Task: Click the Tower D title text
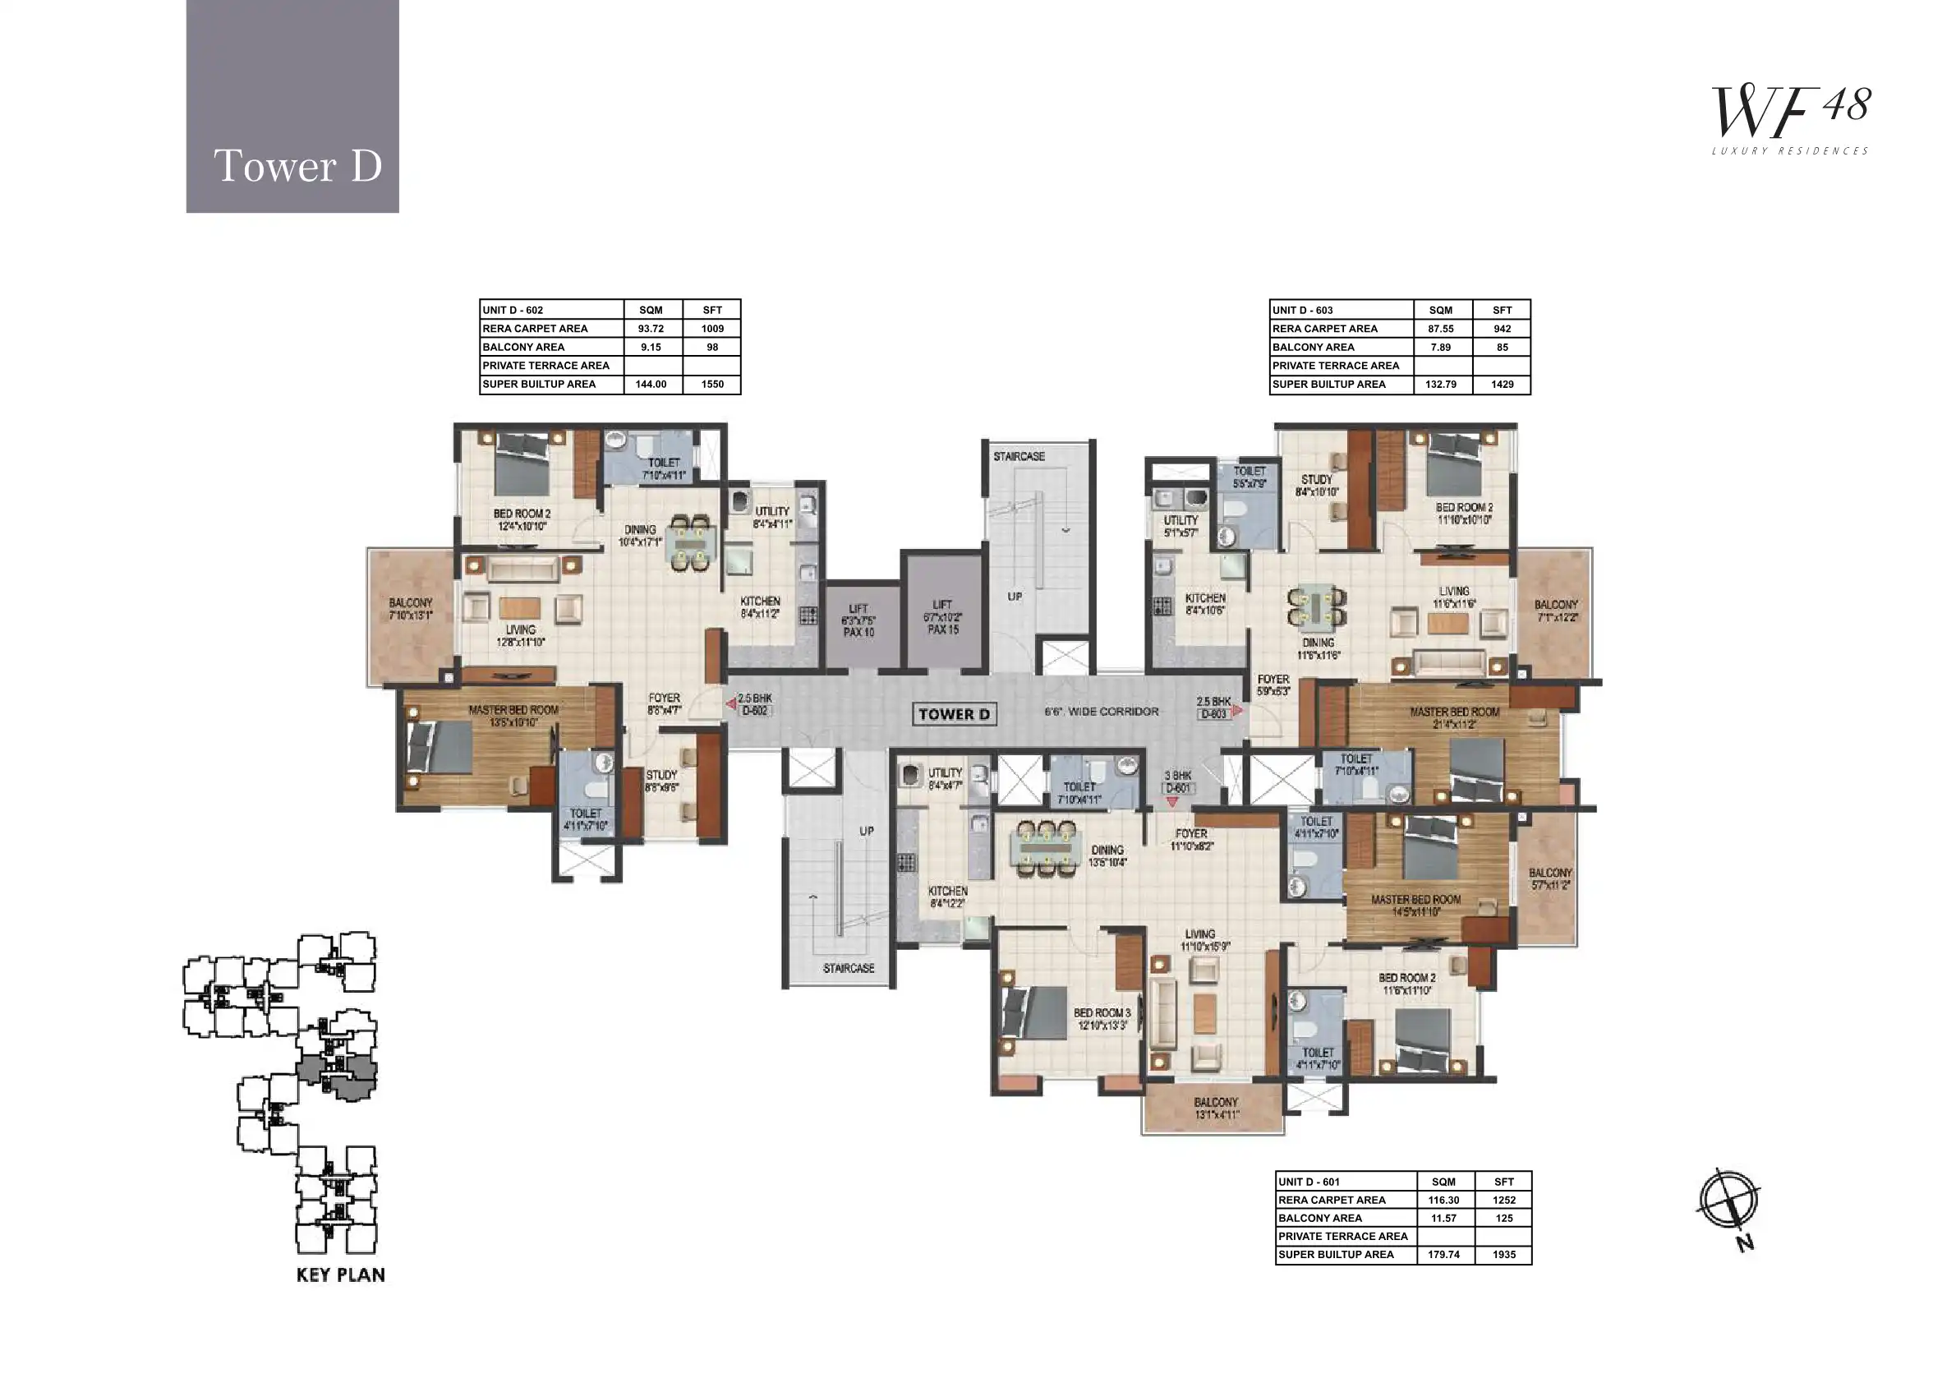coord(297,165)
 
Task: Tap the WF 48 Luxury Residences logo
coord(1791,120)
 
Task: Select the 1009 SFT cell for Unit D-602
coord(712,329)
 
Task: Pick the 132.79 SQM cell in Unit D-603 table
coord(1441,385)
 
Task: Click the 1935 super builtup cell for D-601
coord(1503,1254)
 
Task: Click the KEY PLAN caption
coord(340,1275)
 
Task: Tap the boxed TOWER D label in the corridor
coord(954,714)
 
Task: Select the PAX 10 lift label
coord(858,632)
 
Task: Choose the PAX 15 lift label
coord(943,629)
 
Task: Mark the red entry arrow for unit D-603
coord(1237,709)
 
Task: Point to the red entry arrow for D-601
coord(1172,802)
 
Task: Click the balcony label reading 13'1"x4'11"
coord(1216,1109)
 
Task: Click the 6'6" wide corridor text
coord(1102,712)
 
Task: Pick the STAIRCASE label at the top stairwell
coord(1019,457)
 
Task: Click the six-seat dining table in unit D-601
coord(1045,849)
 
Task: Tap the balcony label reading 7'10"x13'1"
coord(411,608)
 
